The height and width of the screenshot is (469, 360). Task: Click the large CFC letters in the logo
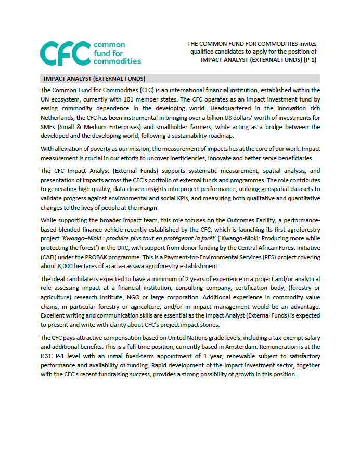point(65,53)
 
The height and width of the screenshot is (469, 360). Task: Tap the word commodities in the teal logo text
point(117,61)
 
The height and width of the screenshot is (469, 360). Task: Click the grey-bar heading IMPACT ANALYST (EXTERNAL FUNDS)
point(87,79)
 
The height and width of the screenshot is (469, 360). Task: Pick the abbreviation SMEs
point(48,127)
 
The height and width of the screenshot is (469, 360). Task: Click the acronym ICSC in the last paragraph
point(49,356)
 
